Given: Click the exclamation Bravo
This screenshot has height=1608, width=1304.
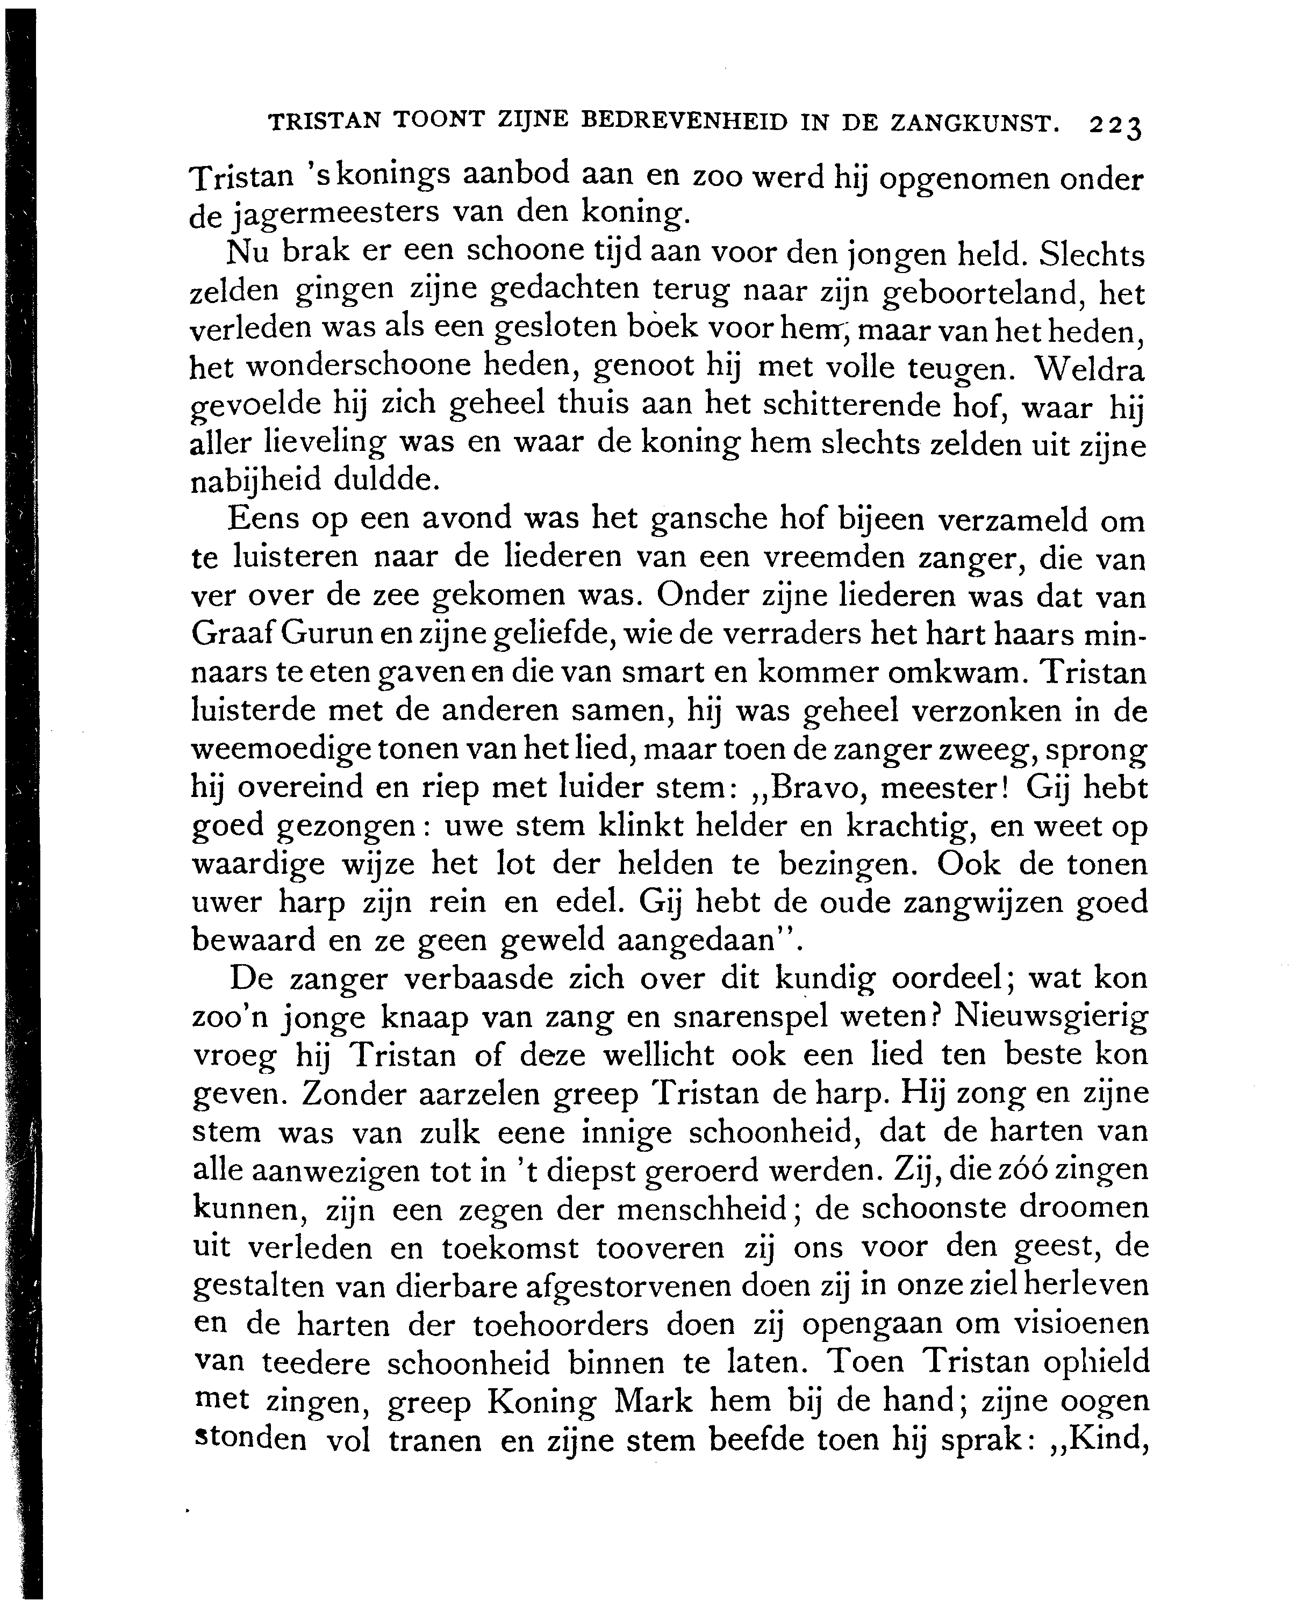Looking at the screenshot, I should coord(814,788).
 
